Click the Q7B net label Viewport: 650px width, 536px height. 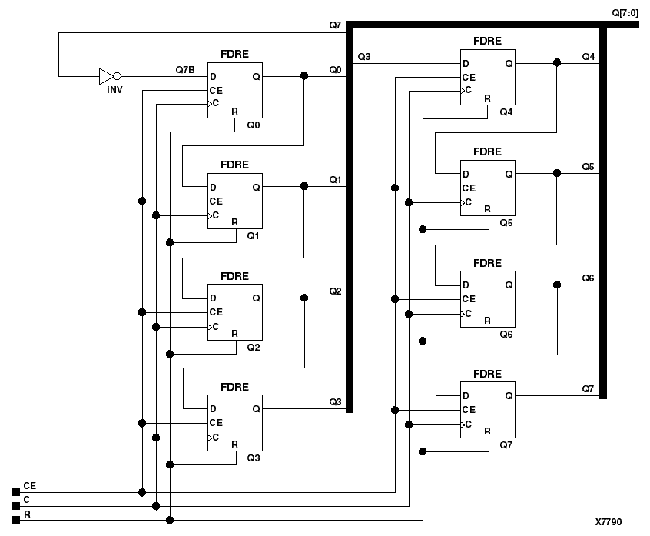185,70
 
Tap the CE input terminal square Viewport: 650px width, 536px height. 16,492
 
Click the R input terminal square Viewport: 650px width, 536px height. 16,521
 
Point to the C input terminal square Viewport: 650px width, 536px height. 16,506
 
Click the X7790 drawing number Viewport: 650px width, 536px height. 609,522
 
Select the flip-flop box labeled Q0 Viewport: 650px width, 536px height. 234,90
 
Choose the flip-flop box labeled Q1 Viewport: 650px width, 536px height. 234,201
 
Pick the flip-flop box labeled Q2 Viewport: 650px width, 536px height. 234,311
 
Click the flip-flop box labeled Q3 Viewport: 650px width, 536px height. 234,422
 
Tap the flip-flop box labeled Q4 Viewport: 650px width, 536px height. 488,77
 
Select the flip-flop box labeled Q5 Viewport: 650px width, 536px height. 488,188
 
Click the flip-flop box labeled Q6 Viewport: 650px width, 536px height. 488,298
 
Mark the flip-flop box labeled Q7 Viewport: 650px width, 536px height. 488,409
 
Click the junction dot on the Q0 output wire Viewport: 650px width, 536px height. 304,75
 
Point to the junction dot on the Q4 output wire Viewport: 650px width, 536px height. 557,62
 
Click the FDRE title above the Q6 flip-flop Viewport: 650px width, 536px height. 487,263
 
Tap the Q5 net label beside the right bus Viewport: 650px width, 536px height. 588,167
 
